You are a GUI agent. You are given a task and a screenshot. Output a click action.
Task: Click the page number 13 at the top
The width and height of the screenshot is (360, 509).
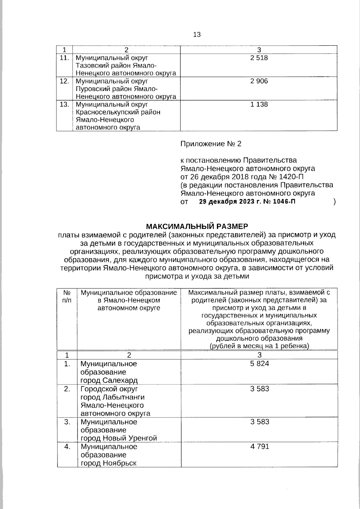tap(197, 34)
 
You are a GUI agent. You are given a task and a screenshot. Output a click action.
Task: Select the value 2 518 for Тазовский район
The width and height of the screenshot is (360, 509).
tap(259, 58)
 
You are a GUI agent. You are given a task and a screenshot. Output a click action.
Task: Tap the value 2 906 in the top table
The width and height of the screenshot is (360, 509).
tap(259, 81)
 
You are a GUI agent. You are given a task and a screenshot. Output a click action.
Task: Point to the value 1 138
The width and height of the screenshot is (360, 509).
tap(259, 104)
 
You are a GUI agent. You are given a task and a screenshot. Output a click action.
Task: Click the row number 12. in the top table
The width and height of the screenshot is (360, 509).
tap(64, 81)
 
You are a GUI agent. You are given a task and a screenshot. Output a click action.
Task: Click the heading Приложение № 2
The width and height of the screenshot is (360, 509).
tap(211, 144)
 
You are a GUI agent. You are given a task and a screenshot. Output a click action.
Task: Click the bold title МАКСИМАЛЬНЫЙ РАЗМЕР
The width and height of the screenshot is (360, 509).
tap(197, 226)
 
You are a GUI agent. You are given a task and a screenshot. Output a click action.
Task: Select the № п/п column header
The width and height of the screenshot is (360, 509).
tap(67, 296)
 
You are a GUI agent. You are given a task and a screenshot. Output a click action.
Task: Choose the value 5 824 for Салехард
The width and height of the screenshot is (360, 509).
tap(259, 364)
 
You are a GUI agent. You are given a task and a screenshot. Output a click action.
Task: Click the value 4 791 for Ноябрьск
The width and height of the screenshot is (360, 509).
tap(259, 447)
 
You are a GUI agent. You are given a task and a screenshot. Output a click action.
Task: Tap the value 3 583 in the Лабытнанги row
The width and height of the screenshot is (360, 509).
tap(259, 389)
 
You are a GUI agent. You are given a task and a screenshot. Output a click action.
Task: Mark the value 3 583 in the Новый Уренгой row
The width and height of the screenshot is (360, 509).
tap(259, 422)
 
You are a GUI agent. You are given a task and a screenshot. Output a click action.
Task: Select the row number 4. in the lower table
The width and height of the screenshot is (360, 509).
tap(67, 447)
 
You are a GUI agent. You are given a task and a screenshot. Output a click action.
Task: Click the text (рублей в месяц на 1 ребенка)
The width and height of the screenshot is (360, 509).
tap(259, 346)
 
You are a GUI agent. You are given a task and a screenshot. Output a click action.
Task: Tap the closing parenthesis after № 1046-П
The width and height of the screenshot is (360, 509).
tap(334, 202)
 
